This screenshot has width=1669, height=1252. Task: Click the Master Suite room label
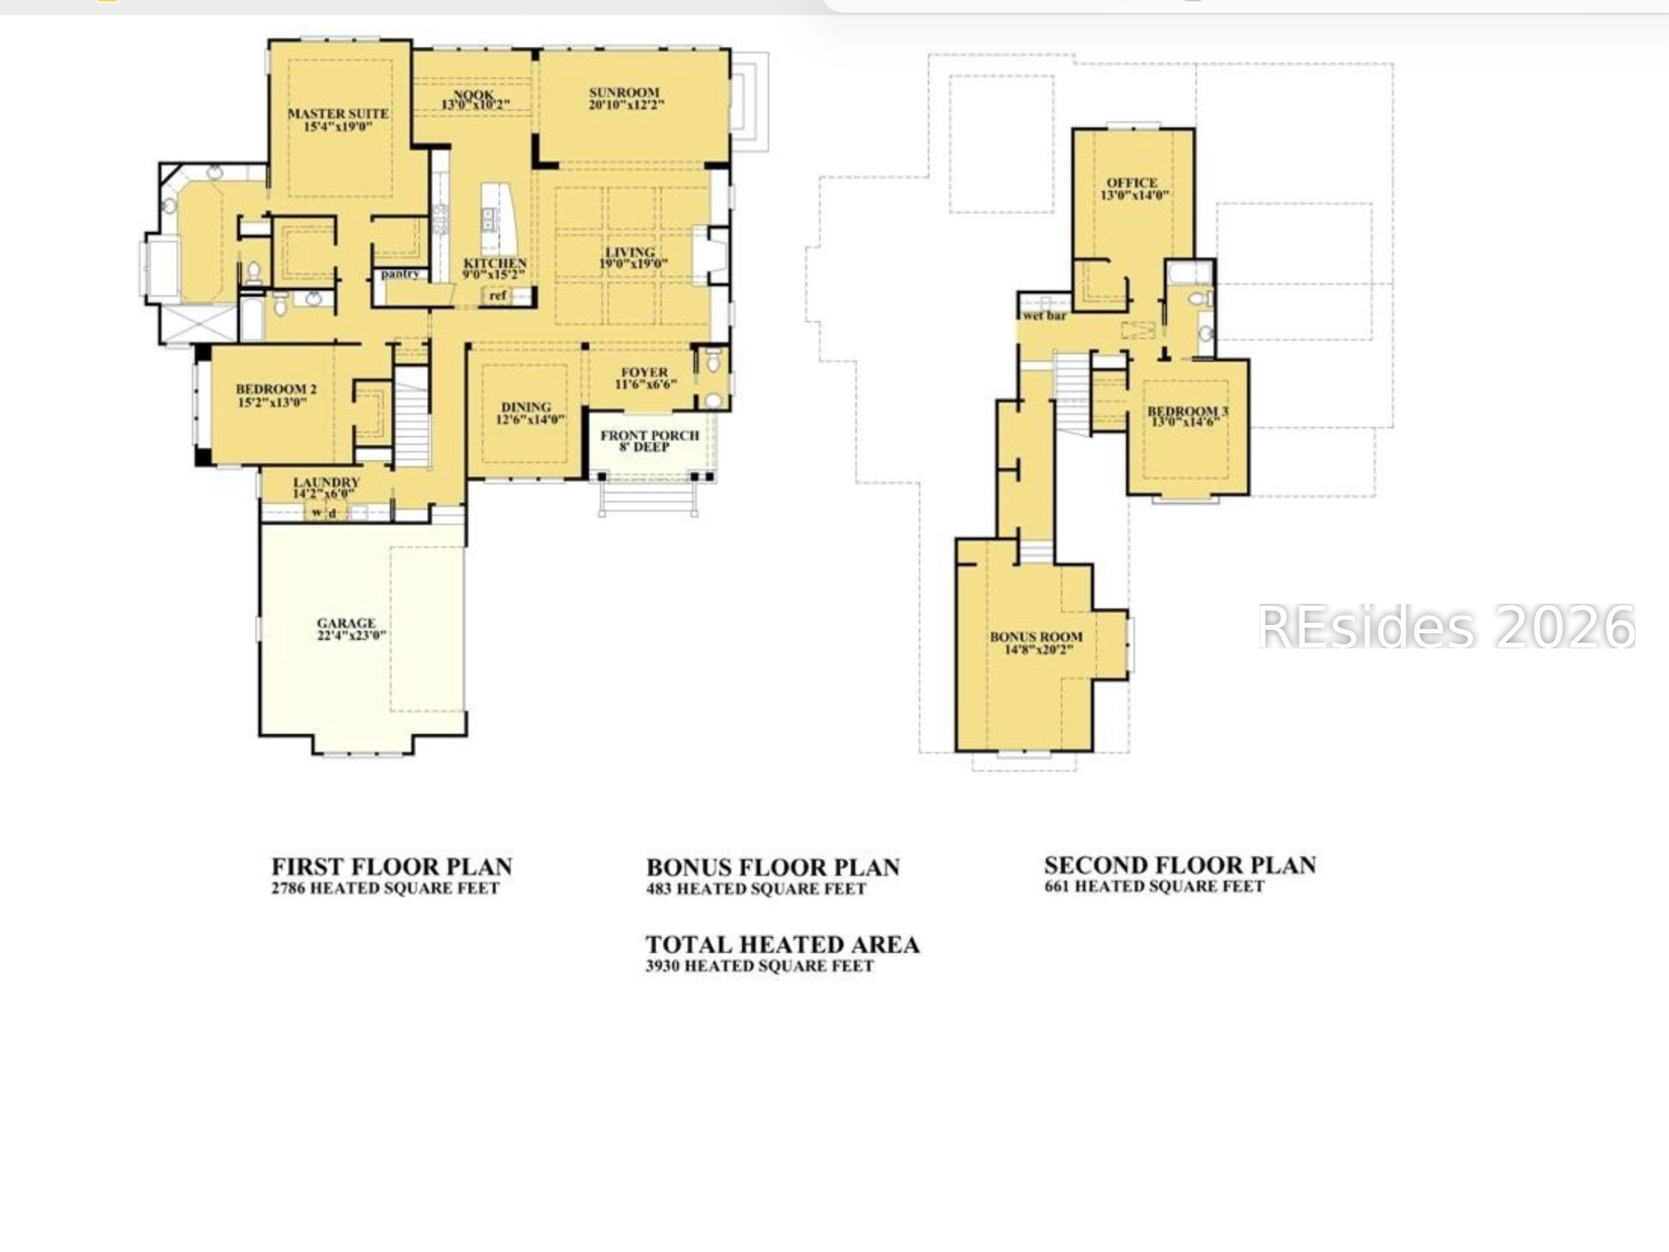(337, 114)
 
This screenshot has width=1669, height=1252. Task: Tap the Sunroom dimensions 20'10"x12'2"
(626, 105)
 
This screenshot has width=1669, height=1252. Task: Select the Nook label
(474, 95)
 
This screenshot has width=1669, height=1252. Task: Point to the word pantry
(400, 273)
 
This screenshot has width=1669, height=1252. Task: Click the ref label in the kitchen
(497, 295)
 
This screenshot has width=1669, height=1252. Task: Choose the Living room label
(630, 252)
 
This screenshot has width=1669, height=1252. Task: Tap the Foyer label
(645, 372)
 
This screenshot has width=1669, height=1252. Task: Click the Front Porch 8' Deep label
(649, 440)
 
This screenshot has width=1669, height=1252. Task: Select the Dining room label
(526, 408)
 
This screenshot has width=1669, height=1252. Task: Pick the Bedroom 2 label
(276, 390)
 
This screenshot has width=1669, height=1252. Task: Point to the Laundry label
(326, 482)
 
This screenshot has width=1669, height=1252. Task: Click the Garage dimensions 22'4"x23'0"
(351, 635)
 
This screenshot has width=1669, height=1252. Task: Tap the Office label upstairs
(1132, 182)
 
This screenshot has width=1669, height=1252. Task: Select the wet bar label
(1045, 316)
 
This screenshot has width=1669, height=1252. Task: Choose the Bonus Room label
(1036, 637)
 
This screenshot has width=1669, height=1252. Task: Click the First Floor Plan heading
(392, 866)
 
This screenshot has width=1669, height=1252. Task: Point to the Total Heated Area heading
(782, 945)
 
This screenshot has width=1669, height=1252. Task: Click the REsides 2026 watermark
(1445, 627)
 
